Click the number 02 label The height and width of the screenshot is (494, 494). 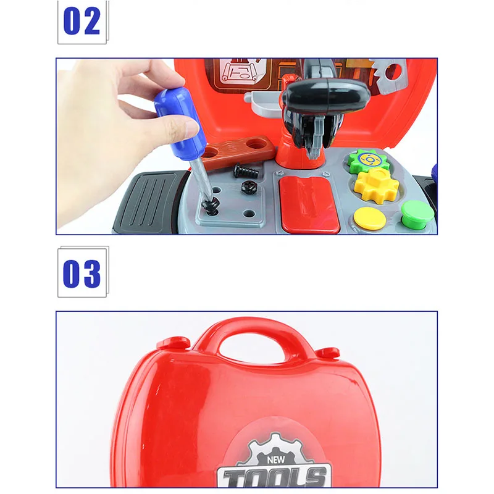[82, 22]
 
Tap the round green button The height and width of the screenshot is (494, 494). [416, 212]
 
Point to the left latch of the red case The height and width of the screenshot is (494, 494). [173, 343]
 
